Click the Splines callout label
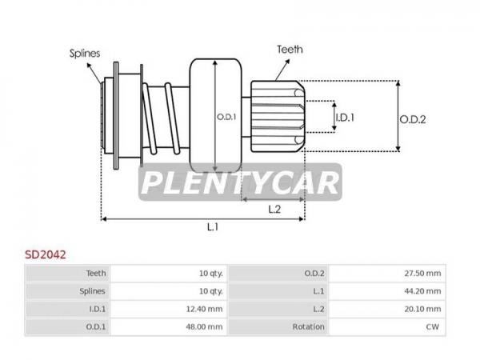click(85, 54)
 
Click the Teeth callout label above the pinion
click(290, 50)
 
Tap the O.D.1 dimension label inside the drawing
click(226, 117)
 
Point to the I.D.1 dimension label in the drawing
click(345, 118)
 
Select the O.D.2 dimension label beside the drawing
click(413, 119)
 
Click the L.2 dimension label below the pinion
click(274, 210)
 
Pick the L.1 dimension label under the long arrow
click(213, 227)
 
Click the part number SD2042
click(46, 254)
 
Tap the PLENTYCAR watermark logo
click(240, 182)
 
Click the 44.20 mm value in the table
click(422, 291)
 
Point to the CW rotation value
click(432, 327)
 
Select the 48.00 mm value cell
click(204, 327)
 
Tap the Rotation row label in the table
click(308, 327)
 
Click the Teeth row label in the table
click(96, 273)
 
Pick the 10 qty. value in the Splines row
click(211, 291)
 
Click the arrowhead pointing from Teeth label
click(287, 62)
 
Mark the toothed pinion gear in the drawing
click(278, 117)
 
